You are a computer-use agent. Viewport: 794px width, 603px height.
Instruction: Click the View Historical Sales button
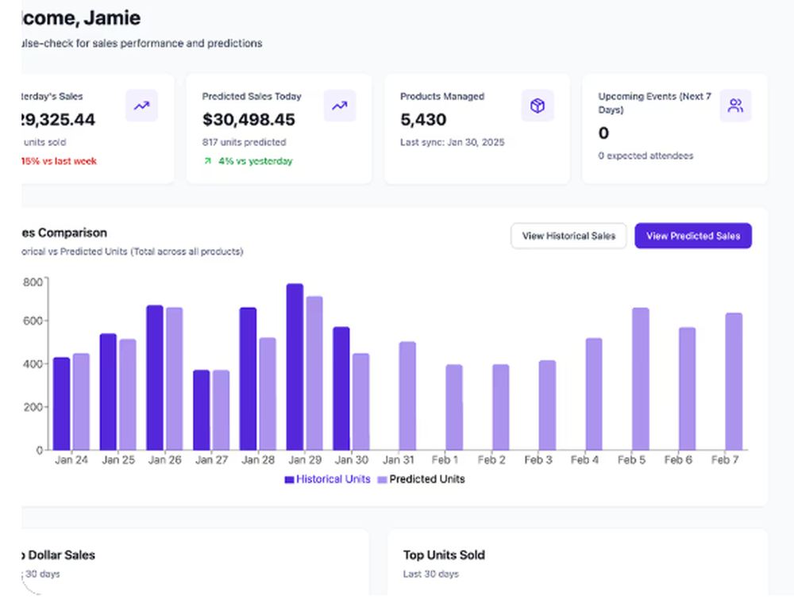569,236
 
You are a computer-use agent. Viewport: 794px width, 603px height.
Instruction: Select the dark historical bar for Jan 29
295,367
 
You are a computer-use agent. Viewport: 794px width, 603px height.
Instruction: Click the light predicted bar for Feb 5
640,378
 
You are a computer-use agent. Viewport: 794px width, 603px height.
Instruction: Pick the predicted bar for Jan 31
407,396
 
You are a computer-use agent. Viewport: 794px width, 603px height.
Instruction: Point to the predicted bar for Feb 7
734,381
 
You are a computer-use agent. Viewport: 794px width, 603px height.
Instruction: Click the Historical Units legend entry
327,479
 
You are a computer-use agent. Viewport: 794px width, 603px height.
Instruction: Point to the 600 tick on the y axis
33,321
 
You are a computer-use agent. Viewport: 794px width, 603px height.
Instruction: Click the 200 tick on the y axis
33,407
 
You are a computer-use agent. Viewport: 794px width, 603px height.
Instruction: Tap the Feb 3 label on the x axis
538,460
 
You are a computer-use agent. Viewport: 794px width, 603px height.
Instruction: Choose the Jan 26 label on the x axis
164,460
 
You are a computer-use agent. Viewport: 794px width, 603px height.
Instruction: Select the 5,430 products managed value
423,120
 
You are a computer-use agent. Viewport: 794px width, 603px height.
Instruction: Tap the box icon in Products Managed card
538,106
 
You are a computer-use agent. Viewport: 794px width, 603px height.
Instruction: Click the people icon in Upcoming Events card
735,106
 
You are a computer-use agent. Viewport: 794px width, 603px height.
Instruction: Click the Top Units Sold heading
443,555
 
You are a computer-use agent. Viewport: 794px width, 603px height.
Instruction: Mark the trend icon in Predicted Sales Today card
339,106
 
